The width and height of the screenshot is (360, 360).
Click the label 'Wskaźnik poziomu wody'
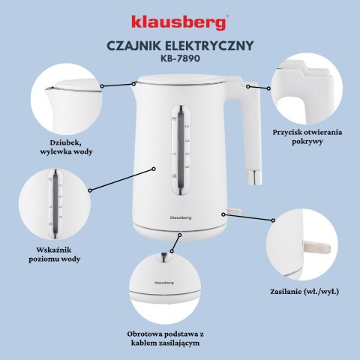coord(58,253)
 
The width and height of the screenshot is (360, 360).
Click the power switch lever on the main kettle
coord(234,214)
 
